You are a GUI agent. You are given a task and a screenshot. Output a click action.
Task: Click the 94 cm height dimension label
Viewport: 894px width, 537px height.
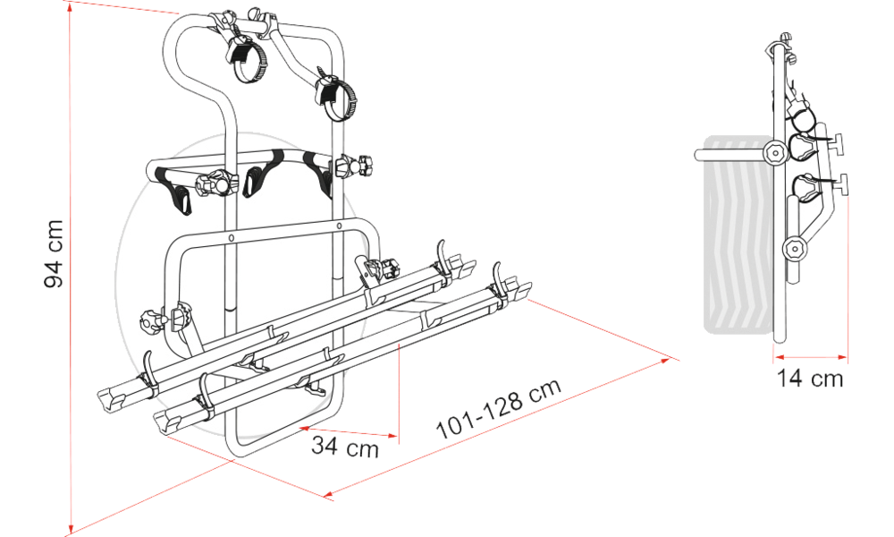click(55, 253)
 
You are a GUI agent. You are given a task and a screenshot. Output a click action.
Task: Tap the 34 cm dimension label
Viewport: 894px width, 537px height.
click(345, 446)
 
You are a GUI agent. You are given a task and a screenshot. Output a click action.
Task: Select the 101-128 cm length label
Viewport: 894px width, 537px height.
click(498, 409)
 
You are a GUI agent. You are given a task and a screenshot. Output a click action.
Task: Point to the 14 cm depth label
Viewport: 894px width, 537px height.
click(810, 378)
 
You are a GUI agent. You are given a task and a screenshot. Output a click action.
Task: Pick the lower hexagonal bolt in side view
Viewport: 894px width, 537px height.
click(793, 248)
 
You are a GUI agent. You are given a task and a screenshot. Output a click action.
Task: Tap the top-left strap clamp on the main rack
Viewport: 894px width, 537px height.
click(247, 55)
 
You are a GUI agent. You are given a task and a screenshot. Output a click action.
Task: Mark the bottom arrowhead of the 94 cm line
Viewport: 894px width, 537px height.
click(71, 528)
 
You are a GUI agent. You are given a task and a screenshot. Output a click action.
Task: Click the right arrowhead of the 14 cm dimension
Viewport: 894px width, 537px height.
click(843, 358)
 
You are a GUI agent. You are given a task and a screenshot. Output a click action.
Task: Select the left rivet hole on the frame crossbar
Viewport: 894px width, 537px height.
click(231, 237)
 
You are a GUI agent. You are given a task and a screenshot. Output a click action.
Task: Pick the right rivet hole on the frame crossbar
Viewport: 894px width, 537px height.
click(339, 226)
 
